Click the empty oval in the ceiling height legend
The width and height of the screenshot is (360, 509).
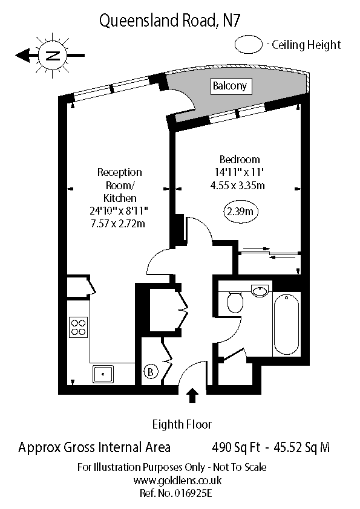(249, 44)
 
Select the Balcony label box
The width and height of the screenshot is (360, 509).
(229, 86)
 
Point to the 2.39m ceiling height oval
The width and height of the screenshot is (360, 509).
(240, 212)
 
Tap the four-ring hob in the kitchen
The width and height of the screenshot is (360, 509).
(79, 327)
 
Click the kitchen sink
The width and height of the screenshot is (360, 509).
(104, 374)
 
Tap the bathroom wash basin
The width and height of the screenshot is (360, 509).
(260, 291)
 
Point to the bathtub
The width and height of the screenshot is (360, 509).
(286, 323)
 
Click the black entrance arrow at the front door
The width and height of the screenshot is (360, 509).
(192, 395)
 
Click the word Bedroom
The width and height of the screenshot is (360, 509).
(240, 160)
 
